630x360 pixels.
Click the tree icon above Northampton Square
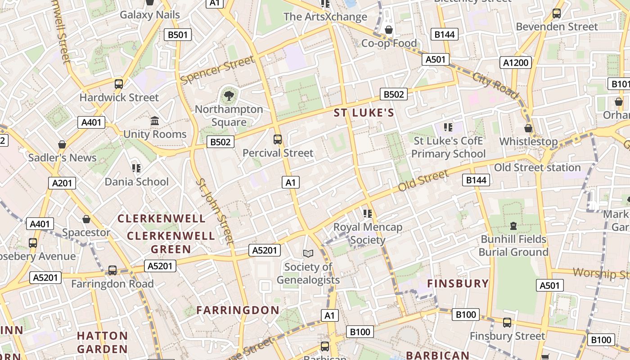click(229, 95)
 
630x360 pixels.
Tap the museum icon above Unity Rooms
click(155, 121)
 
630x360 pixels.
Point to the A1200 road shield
click(515, 63)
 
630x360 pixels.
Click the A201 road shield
click(62, 183)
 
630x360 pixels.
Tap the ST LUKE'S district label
click(364, 113)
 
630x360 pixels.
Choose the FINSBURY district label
click(458, 283)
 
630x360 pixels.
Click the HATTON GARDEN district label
click(102, 342)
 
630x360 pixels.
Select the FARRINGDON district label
click(238, 310)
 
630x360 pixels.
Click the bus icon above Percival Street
click(278, 139)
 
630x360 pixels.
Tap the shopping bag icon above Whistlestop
click(528, 128)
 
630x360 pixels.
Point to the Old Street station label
click(537, 167)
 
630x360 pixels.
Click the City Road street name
click(495, 84)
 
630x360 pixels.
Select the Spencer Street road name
click(217, 70)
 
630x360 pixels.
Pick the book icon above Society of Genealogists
click(308, 254)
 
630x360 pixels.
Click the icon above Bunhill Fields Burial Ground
click(513, 225)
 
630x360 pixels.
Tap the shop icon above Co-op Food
click(389, 30)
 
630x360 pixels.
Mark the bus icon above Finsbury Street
click(507, 323)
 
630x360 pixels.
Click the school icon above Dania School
click(136, 168)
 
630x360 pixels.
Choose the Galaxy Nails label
click(149, 15)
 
